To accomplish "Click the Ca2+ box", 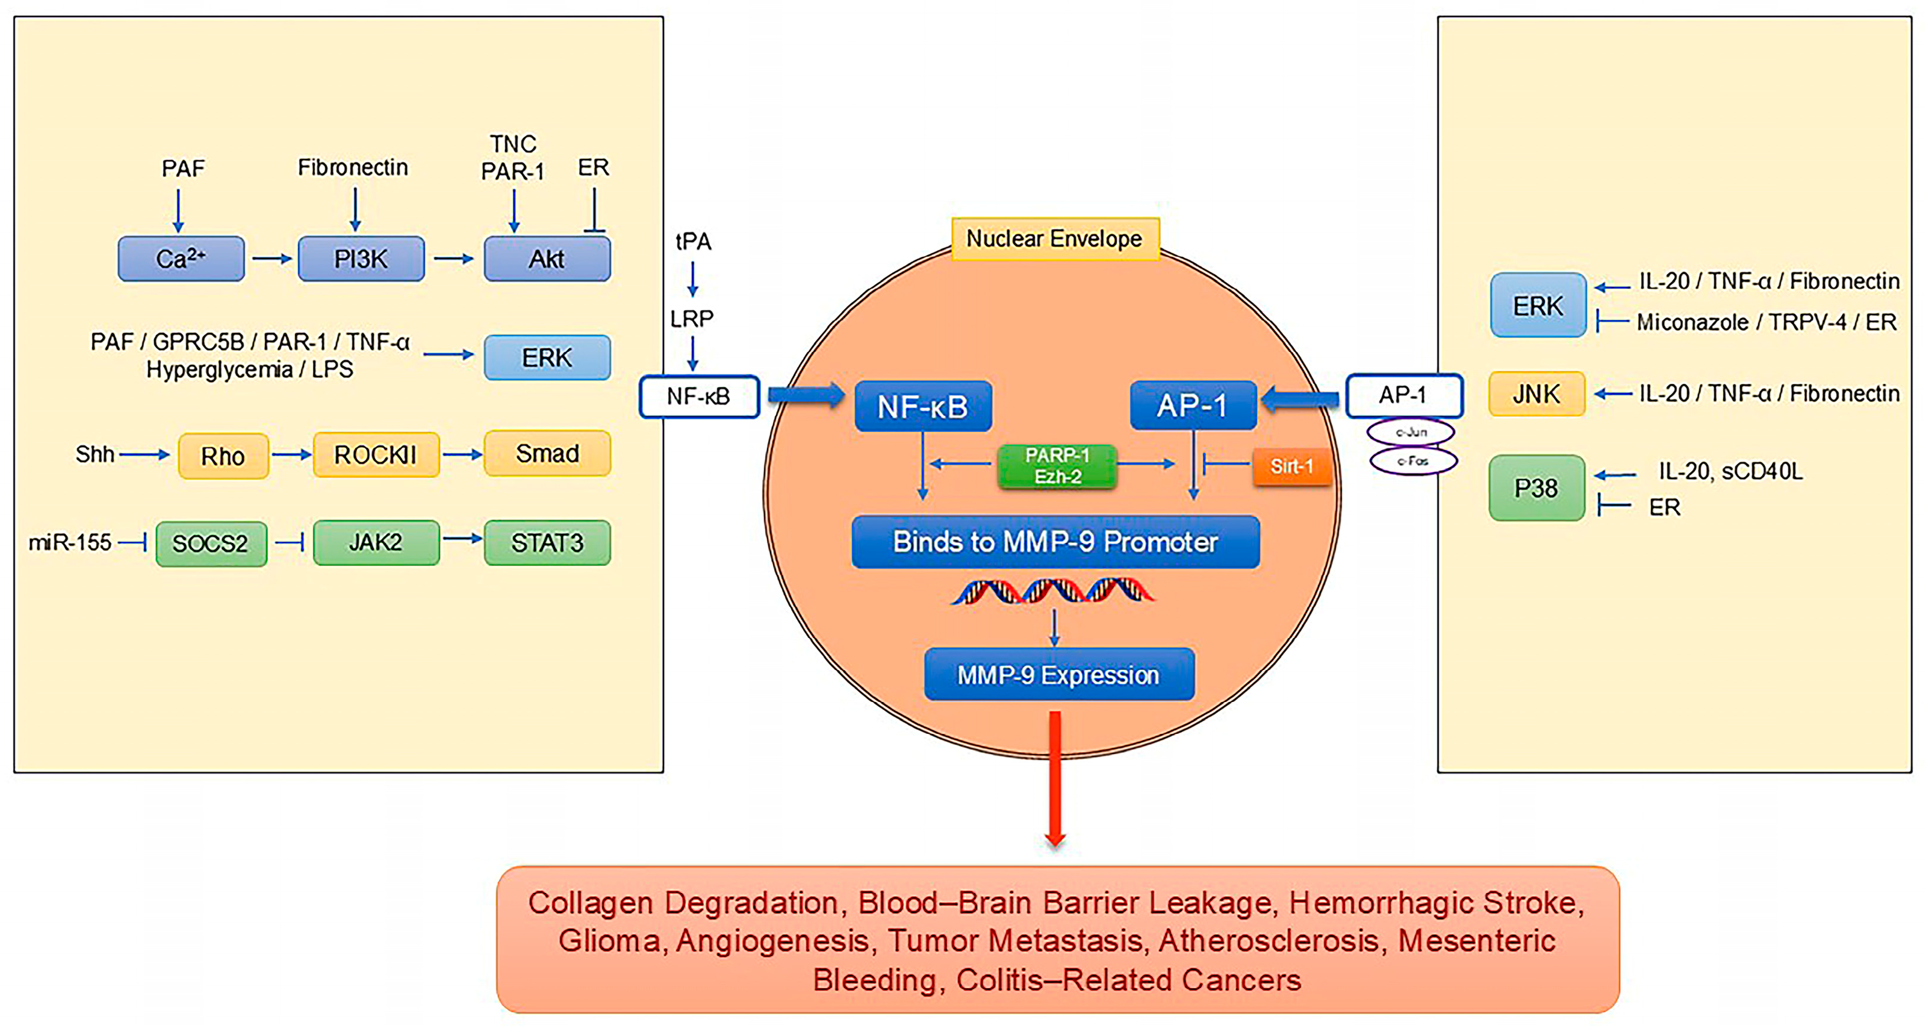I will click(181, 258).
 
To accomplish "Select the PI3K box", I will click(361, 258).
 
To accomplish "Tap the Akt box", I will click(547, 258).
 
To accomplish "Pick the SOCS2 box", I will click(211, 543).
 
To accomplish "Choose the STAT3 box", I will click(547, 542).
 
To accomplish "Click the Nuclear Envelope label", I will click(1054, 239).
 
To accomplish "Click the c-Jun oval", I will click(1411, 432).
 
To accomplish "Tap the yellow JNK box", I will click(1536, 394).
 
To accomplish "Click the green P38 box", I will click(1536, 488).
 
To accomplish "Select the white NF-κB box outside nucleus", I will click(698, 397).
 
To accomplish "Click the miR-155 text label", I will click(70, 542).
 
